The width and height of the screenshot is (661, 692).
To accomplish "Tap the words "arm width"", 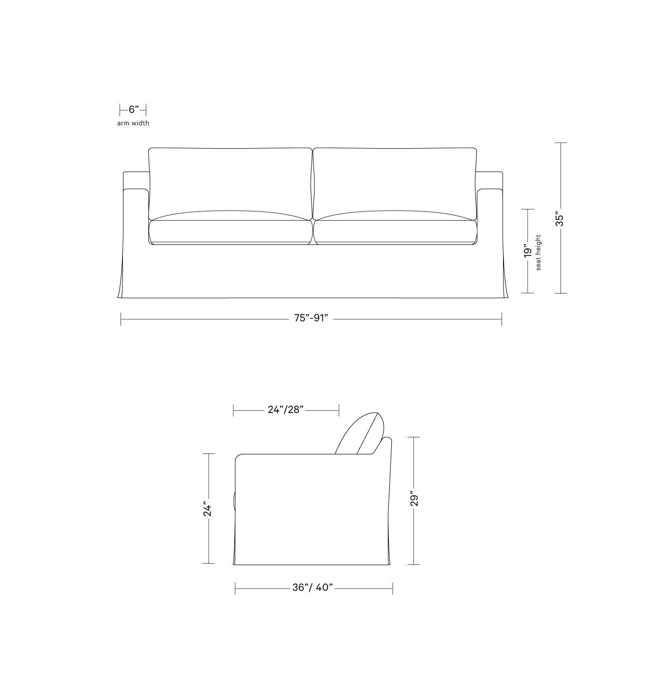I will [133, 123].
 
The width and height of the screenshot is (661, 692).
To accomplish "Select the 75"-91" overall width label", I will [311, 318].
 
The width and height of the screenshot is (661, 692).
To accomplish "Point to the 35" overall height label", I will [560, 220].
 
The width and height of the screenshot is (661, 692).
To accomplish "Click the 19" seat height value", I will [528, 251].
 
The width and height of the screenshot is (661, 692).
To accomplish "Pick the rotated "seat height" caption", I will [539, 253].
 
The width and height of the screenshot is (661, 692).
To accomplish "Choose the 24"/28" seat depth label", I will [286, 410].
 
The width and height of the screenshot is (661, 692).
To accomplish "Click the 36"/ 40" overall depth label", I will [313, 588].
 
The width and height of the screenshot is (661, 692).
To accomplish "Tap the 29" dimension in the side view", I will [414, 500].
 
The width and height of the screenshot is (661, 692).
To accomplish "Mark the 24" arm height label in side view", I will [208, 508].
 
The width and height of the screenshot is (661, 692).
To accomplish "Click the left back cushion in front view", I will [230, 180].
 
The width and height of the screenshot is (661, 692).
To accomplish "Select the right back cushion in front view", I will [395, 180].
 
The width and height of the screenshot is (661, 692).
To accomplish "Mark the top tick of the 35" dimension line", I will [560, 143].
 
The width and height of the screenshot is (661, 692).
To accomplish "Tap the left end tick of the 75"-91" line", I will [121, 319].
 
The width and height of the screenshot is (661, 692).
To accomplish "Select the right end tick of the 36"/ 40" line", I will [392, 588].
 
